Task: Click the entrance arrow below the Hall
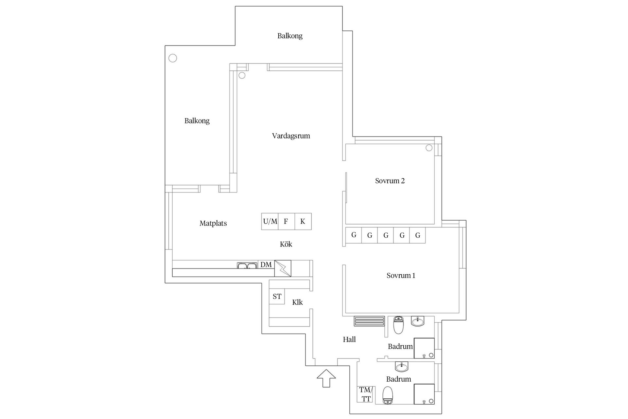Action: pos(326,378)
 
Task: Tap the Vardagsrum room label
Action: pos(291,136)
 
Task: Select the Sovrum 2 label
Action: pos(390,181)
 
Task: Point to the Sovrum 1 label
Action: pos(401,276)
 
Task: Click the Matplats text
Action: pos(213,223)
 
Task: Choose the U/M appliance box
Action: pos(270,222)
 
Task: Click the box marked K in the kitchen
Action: pos(303,222)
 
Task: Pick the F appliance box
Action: pos(287,222)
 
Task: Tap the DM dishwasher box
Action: pos(266,264)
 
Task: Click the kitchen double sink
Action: pos(247,265)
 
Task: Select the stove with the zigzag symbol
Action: pos(283,268)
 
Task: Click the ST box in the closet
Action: pos(277,297)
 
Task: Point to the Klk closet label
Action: pos(297,302)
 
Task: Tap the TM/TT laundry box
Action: pos(365,394)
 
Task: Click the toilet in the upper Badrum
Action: pos(398,325)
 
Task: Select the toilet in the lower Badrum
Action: pos(388,395)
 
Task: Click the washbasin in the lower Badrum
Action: pos(402,367)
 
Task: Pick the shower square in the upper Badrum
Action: pos(424,348)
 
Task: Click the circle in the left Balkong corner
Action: pos(173,58)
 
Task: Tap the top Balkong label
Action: pos(290,36)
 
